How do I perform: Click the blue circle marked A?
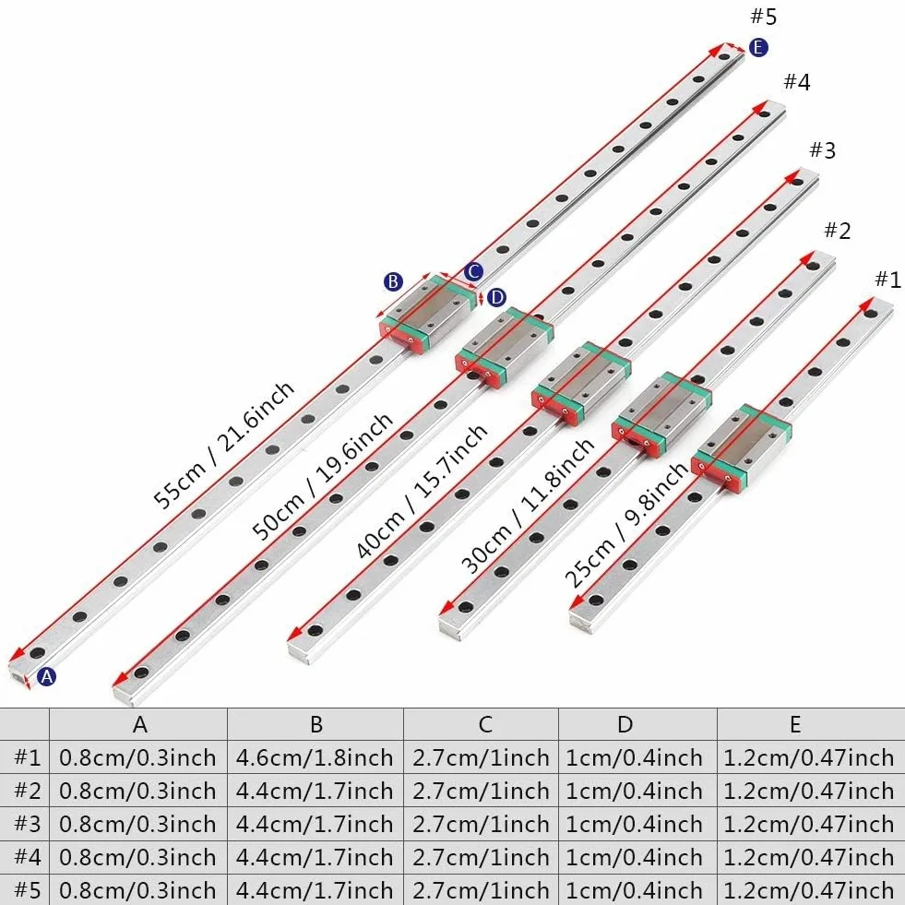click(x=47, y=676)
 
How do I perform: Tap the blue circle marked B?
click(x=393, y=281)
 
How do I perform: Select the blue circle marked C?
click(x=474, y=271)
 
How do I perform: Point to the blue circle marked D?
click(x=496, y=298)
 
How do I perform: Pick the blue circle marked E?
click(x=758, y=47)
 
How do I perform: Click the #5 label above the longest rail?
click(x=763, y=17)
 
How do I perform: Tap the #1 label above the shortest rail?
click(x=887, y=280)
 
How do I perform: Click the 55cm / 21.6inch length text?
click(x=224, y=445)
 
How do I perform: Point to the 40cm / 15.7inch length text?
click(x=422, y=492)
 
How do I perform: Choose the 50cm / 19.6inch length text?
click(x=322, y=476)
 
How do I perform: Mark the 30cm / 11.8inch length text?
click(x=528, y=506)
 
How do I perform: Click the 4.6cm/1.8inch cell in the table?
click(x=315, y=757)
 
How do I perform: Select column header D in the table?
click(x=625, y=724)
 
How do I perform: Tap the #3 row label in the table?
click(x=28, y=824)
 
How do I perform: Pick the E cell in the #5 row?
click(x=808, y=889)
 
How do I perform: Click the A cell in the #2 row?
click(x=137, y=791)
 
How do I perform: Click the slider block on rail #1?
click(x=741, y=448)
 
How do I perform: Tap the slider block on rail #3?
click(x=581, y=383)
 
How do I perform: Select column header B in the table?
click(x=316, y=724)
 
